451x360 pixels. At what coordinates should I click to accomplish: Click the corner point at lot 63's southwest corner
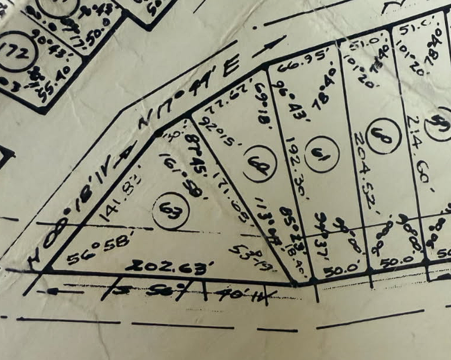[48, 269]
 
